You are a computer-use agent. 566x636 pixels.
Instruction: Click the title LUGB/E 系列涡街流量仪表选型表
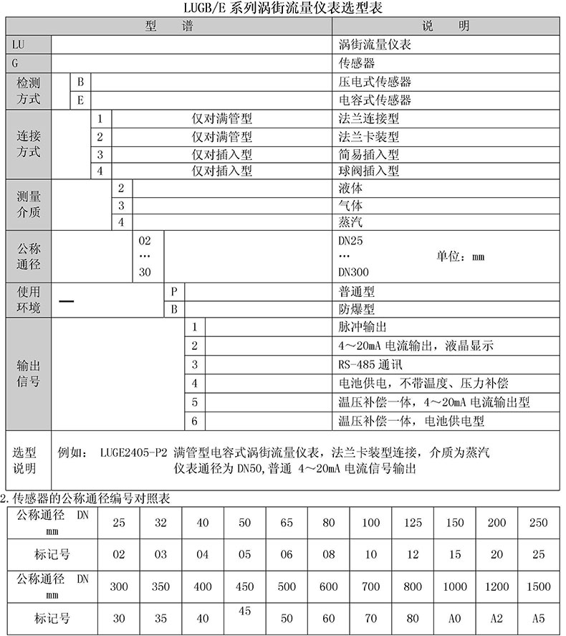tap(283, 8)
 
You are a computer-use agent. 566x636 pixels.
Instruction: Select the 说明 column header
tap(445, 26)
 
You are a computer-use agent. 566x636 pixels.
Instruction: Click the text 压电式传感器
tap(375, 82)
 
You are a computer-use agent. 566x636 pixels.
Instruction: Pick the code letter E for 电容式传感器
tap(80, 100)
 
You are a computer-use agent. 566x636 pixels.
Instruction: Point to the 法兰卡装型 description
tap(368, 136)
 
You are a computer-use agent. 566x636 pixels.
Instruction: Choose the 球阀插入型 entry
tap(368, 171)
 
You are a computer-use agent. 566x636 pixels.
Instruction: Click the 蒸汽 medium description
tap(350, 222)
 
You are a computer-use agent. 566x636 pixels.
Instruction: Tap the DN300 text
tap(353, 272)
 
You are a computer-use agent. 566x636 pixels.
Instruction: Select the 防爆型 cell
tap(356, 310)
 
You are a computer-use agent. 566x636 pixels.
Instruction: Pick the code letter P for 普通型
tap(173, 293)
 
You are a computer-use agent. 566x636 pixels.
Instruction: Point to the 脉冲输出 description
tap(362, 328)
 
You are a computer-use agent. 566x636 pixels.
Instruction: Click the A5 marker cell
tap(539, 617)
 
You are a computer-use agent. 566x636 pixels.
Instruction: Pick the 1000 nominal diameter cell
tap(454, 586)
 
